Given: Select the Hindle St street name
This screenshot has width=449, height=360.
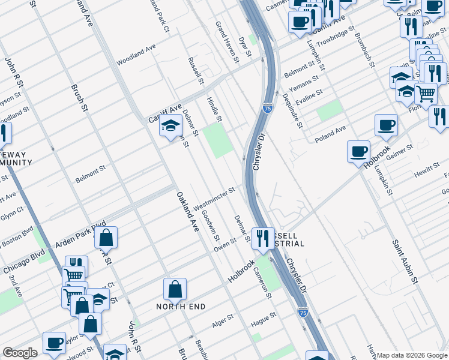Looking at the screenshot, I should (x=214, y=109).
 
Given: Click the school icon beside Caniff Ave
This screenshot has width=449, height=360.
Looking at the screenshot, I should (x=170, y=126).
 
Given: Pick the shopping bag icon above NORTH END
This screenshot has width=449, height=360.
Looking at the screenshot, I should (x=175, y=289).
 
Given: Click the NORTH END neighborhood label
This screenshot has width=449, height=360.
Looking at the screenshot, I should (x=181, y=307).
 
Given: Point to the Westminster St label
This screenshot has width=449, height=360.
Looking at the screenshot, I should (x=213, y=198).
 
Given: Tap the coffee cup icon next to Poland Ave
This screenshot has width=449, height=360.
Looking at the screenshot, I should (x=386, y=125).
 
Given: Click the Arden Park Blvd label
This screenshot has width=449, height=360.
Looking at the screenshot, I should (x=80, y=234).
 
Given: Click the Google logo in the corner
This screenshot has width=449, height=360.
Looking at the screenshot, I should (x=19, y=352).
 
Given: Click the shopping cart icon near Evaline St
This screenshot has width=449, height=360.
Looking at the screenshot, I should (x=426, y=93).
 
